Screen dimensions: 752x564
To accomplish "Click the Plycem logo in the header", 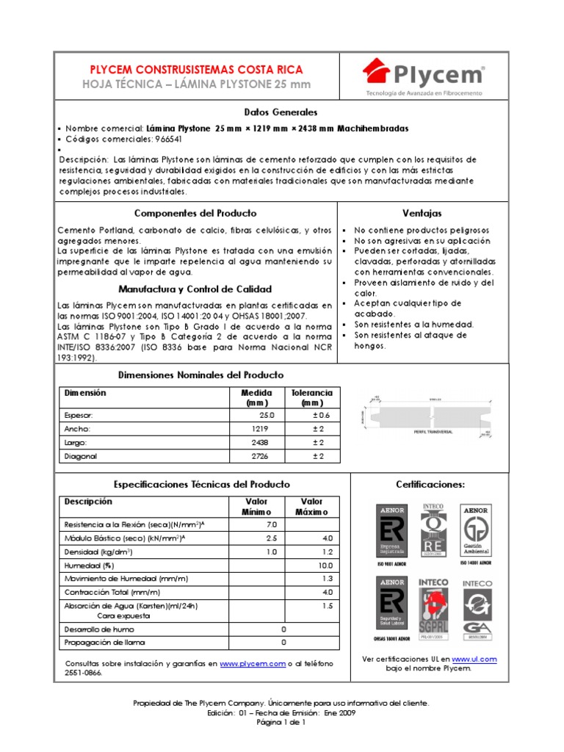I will tap(424, 75).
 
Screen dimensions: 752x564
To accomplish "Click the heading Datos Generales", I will tap(281, 112).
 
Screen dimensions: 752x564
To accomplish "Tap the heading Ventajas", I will tap(422, 213).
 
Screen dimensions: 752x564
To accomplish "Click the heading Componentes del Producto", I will tap(195, 213).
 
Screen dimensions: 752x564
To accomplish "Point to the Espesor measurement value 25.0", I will tap(267, 415).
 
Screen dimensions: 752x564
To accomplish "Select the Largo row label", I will tap(76, 443).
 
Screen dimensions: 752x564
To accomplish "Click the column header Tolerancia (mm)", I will tap(312, 397).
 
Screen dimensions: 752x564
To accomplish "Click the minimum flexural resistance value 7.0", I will tap(271, 524).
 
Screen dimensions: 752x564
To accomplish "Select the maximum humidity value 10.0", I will tap(325, 565).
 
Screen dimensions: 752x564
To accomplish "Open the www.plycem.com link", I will tap(252, 663).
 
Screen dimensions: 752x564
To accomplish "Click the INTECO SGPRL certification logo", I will tap(433, 603).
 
